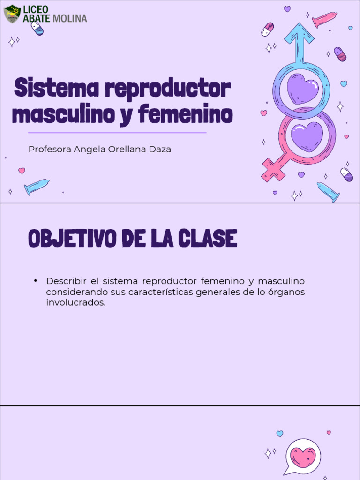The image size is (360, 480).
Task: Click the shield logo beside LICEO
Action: pos(12,14)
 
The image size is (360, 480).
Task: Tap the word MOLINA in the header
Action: pos(70,18)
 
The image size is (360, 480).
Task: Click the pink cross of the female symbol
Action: pos(273,170)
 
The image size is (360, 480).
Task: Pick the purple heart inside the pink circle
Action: pos(307,136)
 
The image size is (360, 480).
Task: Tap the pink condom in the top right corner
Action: pos(324,19)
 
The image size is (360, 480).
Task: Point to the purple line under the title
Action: pos(117,133)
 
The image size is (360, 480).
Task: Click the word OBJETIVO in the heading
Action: pos(72,239)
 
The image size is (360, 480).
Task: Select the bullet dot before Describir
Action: pos(35,281)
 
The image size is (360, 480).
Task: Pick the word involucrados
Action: pos(75,303)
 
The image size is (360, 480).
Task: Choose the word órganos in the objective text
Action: pos(286,292)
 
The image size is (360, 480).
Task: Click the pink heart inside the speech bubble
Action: pos(303,457)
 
